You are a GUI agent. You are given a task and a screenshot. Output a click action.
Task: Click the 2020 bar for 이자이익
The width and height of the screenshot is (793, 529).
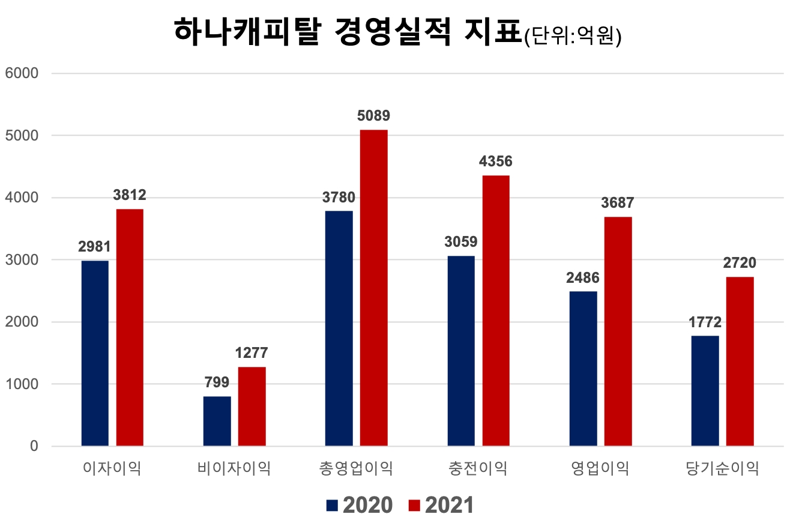click(95, 353)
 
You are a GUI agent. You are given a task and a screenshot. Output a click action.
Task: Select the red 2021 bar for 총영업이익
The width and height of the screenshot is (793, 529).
click(373, 288)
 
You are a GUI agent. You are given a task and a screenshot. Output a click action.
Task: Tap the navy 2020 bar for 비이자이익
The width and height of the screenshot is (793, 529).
click(217, 421)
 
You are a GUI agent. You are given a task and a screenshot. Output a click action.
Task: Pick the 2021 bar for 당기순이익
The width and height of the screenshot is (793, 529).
click(740, 361)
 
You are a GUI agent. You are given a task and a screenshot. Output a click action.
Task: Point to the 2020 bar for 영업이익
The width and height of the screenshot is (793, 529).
click(583, 368)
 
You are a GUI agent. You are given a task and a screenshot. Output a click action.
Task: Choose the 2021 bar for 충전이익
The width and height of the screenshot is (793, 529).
click(496, 310)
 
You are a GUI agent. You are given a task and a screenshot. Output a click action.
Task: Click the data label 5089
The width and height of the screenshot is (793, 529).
click(373, 116)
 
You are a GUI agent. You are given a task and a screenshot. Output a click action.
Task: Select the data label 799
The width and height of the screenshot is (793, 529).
click(217, 382)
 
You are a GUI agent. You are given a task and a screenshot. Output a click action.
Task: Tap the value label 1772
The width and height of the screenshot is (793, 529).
click(705, 322)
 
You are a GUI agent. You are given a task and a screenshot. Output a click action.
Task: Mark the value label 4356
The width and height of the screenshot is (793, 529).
click(496, 162)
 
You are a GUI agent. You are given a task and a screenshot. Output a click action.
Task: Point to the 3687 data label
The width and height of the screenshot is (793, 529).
click(617, 203)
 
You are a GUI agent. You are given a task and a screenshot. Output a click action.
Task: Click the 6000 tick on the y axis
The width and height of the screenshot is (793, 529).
click(21, 73)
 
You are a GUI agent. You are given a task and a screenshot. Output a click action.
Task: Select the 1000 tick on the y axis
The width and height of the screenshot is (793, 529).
click(21, 384)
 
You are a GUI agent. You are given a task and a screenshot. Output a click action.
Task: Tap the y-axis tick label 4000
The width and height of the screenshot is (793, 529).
click(21, 198)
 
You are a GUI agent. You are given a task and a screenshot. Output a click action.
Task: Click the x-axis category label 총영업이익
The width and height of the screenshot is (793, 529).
click(357, 468)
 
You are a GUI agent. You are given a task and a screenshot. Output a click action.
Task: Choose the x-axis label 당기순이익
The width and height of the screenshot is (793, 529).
click(723, 468)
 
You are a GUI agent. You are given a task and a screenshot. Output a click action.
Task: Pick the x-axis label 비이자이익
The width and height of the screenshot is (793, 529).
click(234, 468)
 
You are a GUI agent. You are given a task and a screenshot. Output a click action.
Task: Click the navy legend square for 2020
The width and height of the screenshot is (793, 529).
click(332, 505)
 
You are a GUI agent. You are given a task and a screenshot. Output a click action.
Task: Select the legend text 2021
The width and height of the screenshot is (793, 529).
click(449, 505)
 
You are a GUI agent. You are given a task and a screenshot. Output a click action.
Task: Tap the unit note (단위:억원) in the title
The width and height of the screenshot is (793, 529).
click(572, 37)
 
